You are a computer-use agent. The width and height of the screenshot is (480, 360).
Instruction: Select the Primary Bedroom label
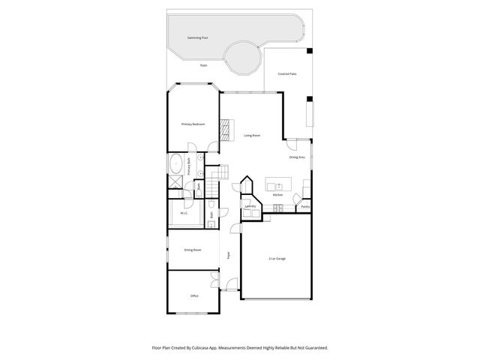coord(193,124)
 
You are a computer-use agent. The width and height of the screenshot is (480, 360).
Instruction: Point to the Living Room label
coord(252,136)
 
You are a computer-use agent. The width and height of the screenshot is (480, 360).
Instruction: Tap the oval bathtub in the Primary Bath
coord(175,163)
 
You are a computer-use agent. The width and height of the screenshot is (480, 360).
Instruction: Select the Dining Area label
coord(297,157)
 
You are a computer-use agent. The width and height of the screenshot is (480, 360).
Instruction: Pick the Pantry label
coord(305,206)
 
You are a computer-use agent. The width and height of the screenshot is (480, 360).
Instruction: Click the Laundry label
coord(250,206)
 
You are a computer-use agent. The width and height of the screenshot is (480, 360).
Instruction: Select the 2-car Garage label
coord(277,259)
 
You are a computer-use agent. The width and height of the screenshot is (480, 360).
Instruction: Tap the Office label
coord(193,296)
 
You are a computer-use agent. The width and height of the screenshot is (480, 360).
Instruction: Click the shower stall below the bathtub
coord(175,181)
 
